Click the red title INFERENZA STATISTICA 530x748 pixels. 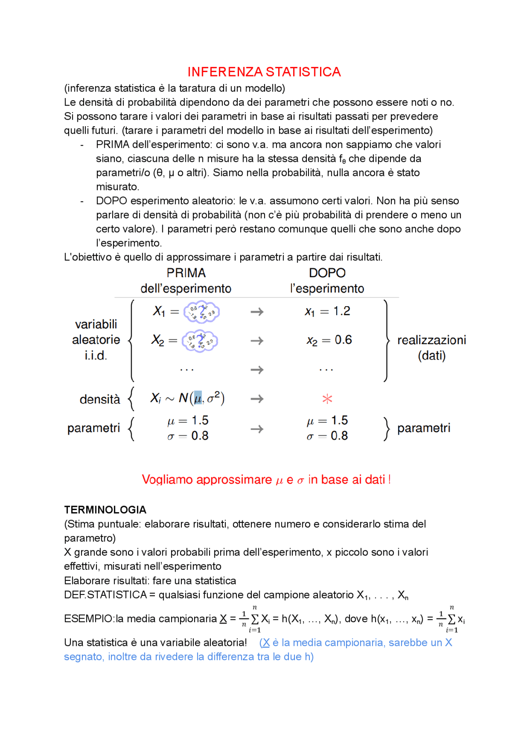click(264, 72)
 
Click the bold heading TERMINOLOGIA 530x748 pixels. click(105, 510)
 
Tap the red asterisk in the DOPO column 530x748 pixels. click(327, 399)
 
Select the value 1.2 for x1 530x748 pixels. click(342, 311)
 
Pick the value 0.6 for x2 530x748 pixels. click(343, 340)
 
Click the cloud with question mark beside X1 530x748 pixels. click(202, 312)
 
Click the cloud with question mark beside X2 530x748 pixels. click(200, 341)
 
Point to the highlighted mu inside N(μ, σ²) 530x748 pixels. click(198, 398)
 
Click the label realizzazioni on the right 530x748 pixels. click(431, 340)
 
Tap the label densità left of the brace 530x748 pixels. click(100, 399)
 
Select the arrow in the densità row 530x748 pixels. click(257, 399)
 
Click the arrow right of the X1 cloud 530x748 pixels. click(257, 312)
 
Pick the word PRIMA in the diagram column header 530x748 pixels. click(186, 273)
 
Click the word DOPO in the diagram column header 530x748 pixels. click(327, 273)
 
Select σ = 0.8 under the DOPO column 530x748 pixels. click(327, 436)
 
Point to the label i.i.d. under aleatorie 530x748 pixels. click(96, 355)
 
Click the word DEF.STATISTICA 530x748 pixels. click(105, 595)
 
